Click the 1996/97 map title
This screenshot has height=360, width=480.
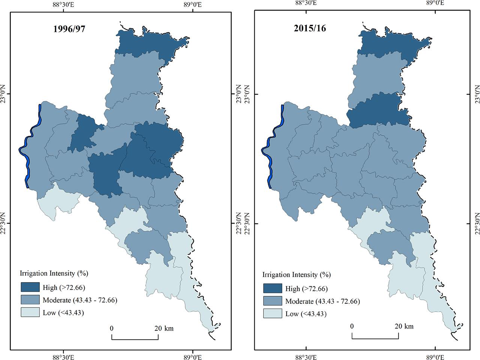(69, 29)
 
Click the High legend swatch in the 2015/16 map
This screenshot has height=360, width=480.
(272, 288)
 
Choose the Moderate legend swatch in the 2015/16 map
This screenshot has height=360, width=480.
(272, 301)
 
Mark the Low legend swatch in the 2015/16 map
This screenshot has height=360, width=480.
(272, 313)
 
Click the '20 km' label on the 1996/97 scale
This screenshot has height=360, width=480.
(164, 328)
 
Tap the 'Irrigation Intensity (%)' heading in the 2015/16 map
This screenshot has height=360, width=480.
(296, 274)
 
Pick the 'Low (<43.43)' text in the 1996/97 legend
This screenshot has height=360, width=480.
(63, 313)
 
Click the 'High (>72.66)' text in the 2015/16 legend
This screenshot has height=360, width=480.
(307, 289)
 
